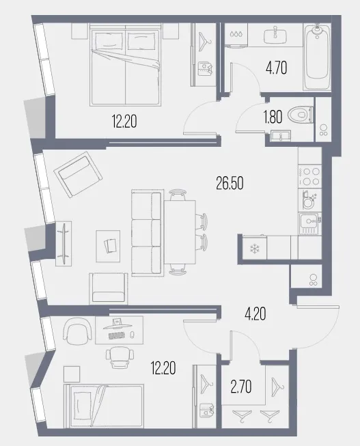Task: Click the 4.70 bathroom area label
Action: click(277, 68)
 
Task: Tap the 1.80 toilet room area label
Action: click(273, 117)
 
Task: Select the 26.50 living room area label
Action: click(230, 184)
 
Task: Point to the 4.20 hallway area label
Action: click(255, 314)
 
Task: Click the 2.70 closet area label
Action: click(240, 387)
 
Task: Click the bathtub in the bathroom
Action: click(317, 57)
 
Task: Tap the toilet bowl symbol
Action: click(301, 115)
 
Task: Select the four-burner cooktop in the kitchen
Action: click(310, 176)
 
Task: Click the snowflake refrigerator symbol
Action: click(253, 249)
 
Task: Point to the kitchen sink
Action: click(310, 224)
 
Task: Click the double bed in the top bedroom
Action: click(125, 65)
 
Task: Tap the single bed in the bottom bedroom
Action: click(104, 406)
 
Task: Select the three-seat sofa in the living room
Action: click(147, 233)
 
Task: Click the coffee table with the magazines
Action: click(108, 246)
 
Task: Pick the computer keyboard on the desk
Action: click(117, 335)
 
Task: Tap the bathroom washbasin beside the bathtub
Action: click(275, 35)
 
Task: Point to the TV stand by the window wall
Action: click(64, 243)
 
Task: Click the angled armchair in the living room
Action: click(79, 174)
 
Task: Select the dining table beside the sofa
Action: click(180, 232)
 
